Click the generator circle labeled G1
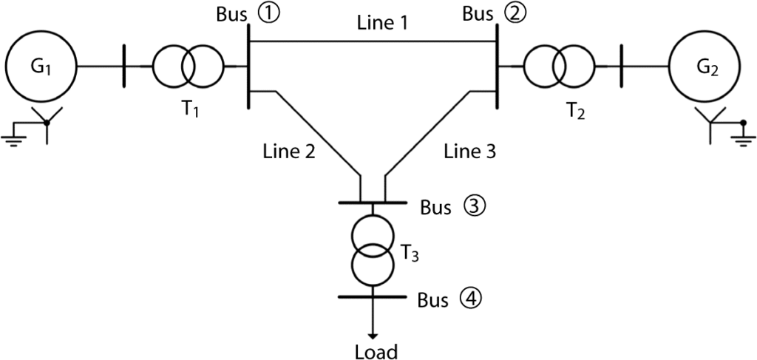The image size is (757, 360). coord(41,67)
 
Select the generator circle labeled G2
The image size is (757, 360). coord(704,67)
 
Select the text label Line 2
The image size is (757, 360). coord(289,152)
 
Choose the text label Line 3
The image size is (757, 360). coord(469,152)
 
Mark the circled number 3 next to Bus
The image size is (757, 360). coord(474,207)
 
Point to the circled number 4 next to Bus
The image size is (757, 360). coord(469,300)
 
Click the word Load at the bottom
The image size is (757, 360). coord(376,350)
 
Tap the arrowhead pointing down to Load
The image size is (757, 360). coord(375,334)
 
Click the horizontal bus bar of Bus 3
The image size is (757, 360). coord(373,202)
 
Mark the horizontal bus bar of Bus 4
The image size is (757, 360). coord(373,296)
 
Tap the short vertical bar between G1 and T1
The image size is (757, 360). coord(123,67)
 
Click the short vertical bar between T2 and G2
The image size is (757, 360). coord(622,67)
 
